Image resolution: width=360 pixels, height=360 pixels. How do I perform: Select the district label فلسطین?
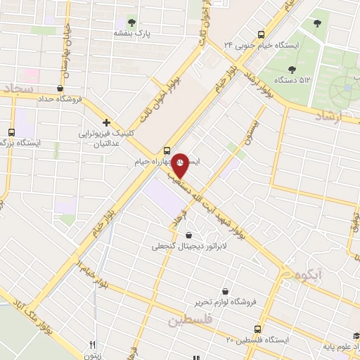pyautogui.click(x=190, y=321)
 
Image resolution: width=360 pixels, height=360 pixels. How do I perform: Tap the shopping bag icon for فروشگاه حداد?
pyautogui.click(x=60, y=89)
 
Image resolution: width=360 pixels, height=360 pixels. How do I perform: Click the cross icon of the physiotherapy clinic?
pyautogui.click(x=106, y=122)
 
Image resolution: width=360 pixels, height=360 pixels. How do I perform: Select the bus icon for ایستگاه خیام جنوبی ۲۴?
pyautogui.click(x=261, y=34)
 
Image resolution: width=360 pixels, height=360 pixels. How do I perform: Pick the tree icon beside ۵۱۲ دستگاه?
pyautogui.click(x=292, y=69)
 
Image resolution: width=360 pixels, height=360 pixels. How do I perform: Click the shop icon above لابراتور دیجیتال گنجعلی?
pyautogui.click(x=188, y=236)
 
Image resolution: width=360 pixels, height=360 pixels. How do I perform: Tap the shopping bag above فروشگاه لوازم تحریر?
pyautogui.click(x=225, y=291)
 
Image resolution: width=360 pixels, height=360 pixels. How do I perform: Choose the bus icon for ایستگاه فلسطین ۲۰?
pyautogui.click(x=257, y=328)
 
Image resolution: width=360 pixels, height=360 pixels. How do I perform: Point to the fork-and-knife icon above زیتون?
pyautogui.click(x=92, y=345)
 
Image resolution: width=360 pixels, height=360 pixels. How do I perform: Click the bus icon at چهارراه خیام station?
pyautogui.click(x=167, y=150)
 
